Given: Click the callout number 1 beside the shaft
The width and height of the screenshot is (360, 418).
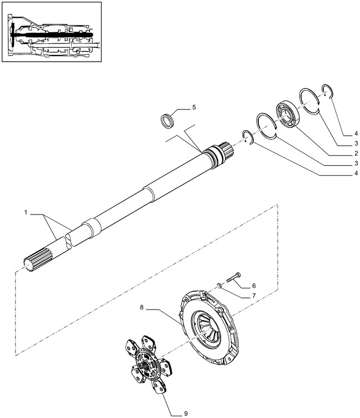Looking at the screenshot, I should click(26, 212).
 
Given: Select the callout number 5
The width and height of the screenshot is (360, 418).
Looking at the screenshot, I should click(194, 106).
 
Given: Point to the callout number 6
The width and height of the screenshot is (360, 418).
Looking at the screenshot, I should click(254, 285).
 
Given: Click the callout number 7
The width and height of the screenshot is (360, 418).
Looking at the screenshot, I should click(254, 296).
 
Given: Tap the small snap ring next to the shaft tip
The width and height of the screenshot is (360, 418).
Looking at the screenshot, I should click(247, 137).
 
